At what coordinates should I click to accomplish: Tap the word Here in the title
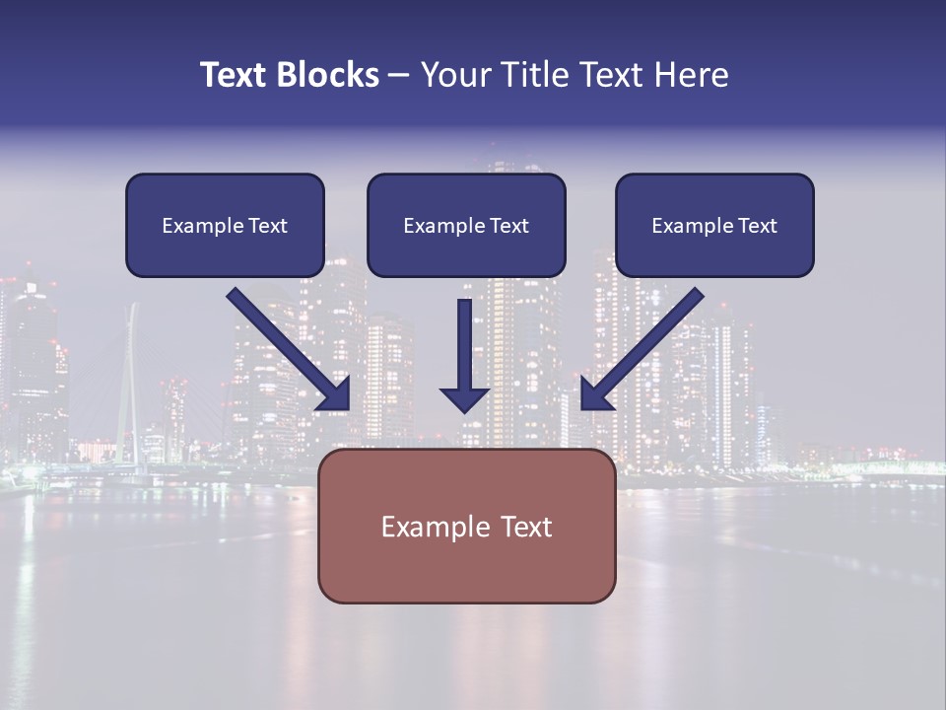point(691,75)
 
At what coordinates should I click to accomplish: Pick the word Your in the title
point(456,75)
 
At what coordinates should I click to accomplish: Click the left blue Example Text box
point(225,225)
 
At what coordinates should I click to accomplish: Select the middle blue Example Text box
point(466,225)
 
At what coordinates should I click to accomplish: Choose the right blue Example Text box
point(714,225)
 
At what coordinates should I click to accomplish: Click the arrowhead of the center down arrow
point(464,398)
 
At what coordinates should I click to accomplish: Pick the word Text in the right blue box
point(757,225)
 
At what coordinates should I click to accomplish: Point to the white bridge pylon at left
point(128,385)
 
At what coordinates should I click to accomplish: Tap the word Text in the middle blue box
point(508,225)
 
